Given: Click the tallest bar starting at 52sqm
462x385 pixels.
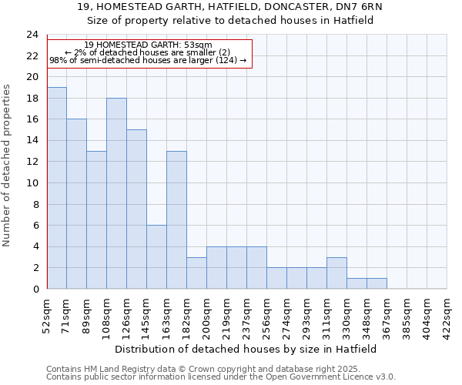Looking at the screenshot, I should pyautogui.click(x=57, y=188).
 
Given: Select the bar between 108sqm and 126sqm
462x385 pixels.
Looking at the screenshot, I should pyautogui.click(x=116, y=193).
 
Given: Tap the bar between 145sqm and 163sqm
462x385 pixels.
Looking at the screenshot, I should pyautogui.click(x=156, y=256).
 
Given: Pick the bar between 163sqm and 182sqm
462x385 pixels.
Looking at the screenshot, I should pyautogui.click(x=176, y=219).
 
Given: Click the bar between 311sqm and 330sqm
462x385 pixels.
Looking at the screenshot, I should pyautogui.click(x=336, y=273).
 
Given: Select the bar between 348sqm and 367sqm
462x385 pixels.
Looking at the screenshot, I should pyautogui.click(x=377, y=283).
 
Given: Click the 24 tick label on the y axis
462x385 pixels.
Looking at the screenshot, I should pyautogui.click(x=32, y=35).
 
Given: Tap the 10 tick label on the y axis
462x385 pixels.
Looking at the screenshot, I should pyautogui.click(x=32, y=183).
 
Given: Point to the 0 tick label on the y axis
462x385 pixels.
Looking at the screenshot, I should pyautogui.click(x=35, y=289).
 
